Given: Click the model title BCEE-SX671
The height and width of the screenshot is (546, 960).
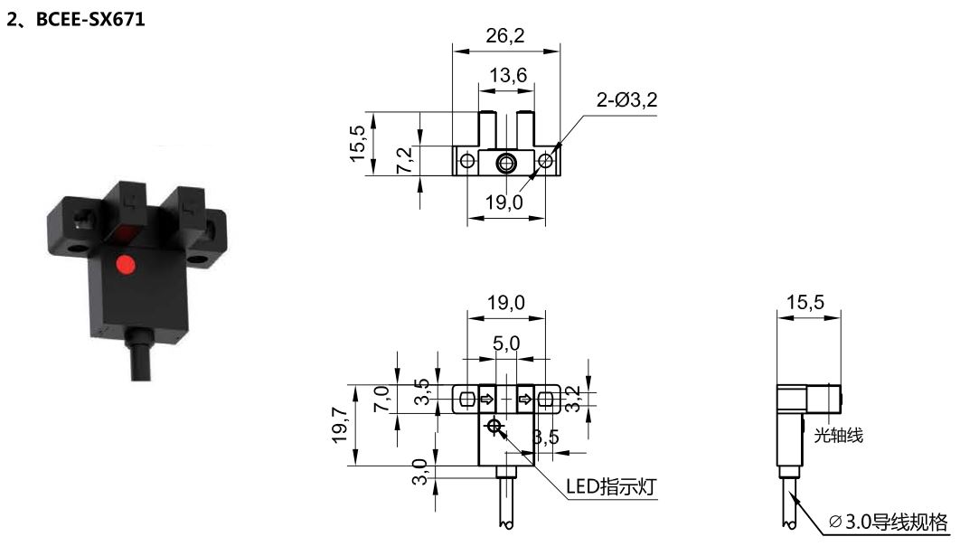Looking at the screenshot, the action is coord(90,19).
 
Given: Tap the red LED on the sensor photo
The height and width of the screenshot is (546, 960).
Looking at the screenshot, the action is coord(127,265).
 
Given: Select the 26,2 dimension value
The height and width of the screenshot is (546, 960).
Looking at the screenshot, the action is coord(505,35).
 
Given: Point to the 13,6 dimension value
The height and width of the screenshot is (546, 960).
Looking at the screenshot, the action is coord(507,75).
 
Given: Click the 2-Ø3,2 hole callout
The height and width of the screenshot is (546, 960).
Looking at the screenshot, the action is coord(627,99).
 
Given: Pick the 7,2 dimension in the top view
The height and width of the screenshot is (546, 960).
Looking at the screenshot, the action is coord(405,160).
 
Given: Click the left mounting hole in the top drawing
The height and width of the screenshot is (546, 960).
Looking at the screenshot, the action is coord(467,162).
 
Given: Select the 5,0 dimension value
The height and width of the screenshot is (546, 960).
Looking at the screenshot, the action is coord(506,344).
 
